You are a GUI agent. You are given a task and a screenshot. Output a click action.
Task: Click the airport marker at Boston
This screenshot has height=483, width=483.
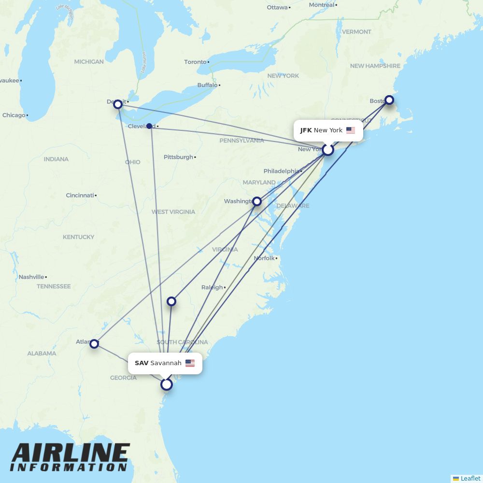[389, 100]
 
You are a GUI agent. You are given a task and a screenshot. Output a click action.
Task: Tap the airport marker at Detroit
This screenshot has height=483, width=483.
[117, 104]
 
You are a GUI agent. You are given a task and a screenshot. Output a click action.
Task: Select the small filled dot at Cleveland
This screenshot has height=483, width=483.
[149, 126]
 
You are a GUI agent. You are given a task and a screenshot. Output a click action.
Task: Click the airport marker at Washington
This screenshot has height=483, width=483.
[257, 201]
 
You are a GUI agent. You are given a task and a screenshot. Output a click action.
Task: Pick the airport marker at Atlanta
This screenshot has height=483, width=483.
[94, 343]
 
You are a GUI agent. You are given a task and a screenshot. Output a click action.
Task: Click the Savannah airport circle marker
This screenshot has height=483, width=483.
[167, 384]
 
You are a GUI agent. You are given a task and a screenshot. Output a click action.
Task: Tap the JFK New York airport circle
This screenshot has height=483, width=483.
[328, 150]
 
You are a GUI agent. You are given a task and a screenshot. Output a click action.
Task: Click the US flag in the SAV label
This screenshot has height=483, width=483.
[190, 363]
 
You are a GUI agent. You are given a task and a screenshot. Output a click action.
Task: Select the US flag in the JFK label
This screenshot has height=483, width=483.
[351, 130]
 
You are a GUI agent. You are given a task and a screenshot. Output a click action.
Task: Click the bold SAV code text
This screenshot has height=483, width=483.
[142, 363]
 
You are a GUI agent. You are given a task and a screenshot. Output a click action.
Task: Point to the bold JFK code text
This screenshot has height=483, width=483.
[306, 130]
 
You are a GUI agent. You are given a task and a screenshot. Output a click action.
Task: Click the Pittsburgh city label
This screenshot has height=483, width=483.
[178, 157]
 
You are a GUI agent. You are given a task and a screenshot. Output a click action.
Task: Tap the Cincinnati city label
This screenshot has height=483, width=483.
[80, 195]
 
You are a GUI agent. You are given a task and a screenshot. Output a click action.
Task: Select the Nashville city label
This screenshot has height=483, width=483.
[31, 277]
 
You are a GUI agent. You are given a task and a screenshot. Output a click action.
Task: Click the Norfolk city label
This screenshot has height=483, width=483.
[264, 258]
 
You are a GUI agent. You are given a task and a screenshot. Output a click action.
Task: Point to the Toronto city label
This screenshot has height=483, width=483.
[195, 62]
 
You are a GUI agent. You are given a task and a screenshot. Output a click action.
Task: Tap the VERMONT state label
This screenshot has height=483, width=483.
[356, 32]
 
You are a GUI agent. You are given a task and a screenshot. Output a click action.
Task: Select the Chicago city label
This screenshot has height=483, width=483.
[14, 115]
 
